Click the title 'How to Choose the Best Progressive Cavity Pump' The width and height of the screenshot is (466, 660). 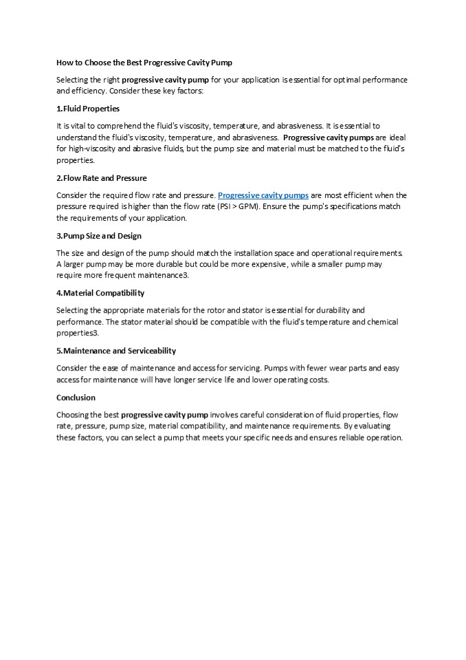(x=144, y=63)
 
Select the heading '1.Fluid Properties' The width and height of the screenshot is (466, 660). (x=88, y=109)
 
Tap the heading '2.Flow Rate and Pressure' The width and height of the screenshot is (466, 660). (x=101, y=178)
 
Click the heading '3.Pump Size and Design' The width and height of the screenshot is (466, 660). (x=98, y=236)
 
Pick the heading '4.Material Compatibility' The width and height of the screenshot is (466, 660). (x=100, y=293)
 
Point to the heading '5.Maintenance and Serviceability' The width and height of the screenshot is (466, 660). (x=115, y=351)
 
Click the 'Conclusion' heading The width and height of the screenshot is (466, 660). (x=76, y=397)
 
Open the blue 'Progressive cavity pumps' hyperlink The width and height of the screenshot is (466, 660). (x=263, y=195)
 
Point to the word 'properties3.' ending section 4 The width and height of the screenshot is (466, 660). (x=78, y=333)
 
